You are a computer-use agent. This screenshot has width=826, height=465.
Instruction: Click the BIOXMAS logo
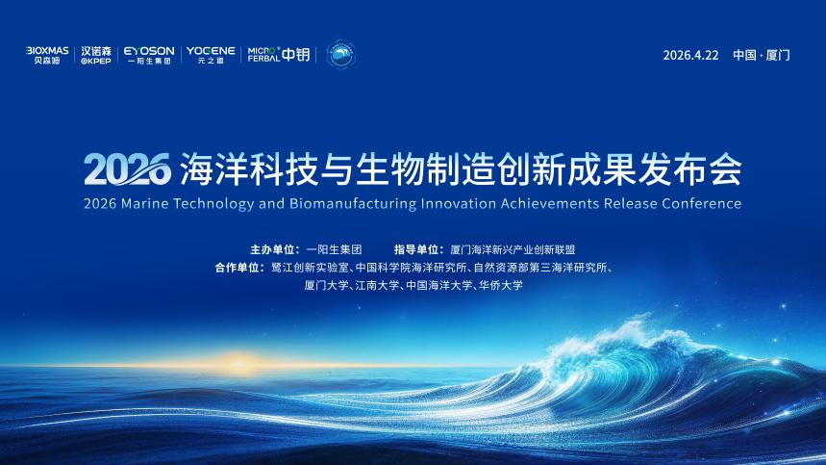47,55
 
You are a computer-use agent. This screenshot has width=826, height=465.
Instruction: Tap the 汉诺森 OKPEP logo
96,55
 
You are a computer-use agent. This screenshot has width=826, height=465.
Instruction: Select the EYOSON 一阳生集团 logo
149,55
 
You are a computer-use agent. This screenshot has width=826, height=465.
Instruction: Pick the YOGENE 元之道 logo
211,55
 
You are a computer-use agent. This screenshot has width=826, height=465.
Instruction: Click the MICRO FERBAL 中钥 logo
279,54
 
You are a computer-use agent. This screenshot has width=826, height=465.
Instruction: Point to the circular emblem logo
340,54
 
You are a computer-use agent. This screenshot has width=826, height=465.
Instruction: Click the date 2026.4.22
690,56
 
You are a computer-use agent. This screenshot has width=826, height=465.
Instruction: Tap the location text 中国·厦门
762,56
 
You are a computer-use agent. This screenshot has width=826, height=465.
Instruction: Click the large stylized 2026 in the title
128,169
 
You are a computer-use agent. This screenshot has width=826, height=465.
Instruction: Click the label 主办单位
272,249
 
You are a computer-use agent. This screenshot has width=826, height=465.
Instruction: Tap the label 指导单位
416,249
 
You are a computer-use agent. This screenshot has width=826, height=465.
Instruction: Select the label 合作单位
237,268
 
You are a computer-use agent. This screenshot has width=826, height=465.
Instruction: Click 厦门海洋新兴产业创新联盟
513,249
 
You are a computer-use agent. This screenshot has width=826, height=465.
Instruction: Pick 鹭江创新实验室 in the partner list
310,268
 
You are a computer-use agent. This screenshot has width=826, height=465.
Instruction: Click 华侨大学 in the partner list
500,285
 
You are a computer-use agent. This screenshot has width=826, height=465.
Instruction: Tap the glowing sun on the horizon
238,363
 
